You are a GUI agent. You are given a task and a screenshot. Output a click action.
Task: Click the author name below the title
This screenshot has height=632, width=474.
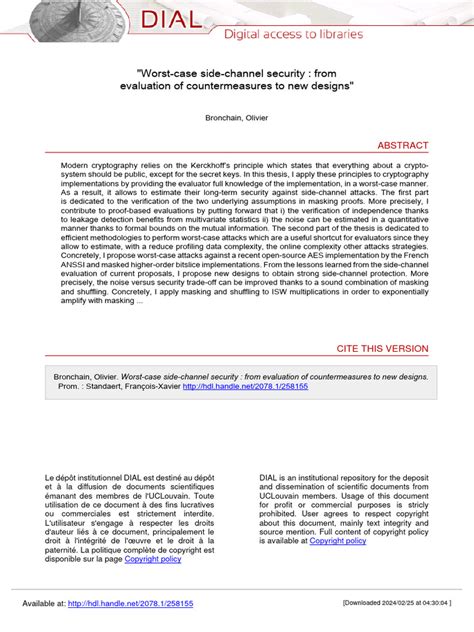point(237,117)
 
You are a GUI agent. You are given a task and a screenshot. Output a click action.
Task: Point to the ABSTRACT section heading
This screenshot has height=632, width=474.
point(402,145)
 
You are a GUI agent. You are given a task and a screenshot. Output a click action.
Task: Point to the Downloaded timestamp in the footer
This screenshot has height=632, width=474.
point(397,604)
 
